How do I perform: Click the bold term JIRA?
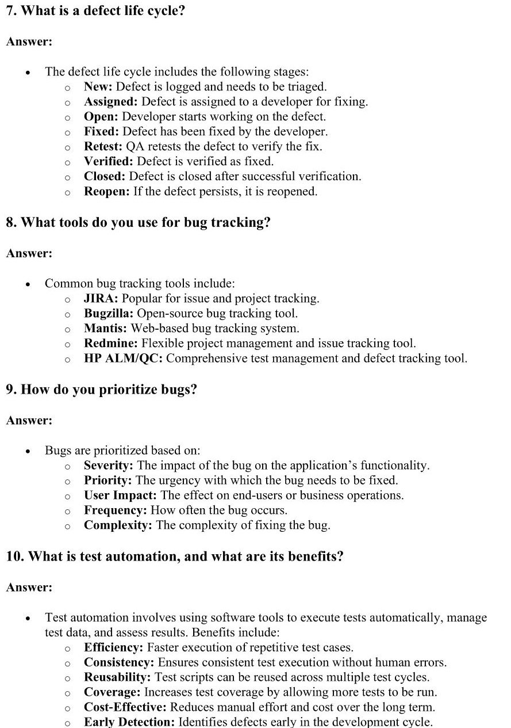(101, 299)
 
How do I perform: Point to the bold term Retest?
(103, 147)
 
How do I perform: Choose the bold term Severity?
(109, 466)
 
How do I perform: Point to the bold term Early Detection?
(129, 722)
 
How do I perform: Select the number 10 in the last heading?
(14, 557)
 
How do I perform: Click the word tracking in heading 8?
(238, 223)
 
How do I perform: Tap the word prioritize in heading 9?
(121, 390)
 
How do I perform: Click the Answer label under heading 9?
(29, 421)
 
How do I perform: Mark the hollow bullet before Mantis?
(67, 329)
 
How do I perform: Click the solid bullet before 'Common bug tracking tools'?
(28, 284)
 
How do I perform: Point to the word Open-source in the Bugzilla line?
(166, 314)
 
